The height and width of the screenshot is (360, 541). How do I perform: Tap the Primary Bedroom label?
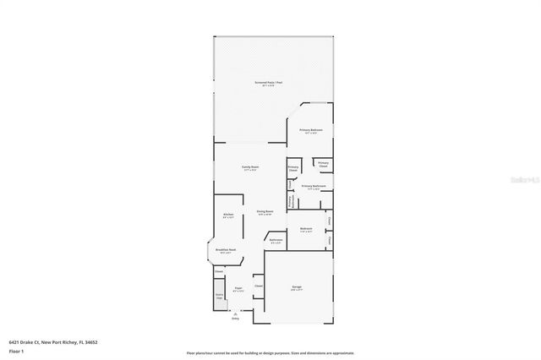(310, 130)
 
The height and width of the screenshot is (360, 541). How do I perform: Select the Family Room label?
(249, 167)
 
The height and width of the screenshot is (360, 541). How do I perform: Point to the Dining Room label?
(265, 212)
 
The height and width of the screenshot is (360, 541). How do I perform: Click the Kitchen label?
(228, 215)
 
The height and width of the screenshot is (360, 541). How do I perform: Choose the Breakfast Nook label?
(227, 250)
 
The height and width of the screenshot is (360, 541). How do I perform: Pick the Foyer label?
(238, 289)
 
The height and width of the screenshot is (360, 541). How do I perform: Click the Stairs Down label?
(219, 297)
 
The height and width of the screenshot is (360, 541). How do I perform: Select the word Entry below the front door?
(236, 319)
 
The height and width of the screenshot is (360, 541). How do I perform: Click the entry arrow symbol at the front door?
(236, 312)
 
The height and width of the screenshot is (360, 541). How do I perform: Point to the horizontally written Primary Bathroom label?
(314, 186)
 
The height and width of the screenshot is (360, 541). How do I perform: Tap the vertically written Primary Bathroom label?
(292, 201)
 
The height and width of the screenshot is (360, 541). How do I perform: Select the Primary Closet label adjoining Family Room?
(293, 168)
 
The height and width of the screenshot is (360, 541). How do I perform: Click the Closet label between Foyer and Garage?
(259, 286)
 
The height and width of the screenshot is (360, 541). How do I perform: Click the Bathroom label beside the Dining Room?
(276, 240)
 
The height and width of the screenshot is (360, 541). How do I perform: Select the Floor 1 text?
(16, 350)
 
